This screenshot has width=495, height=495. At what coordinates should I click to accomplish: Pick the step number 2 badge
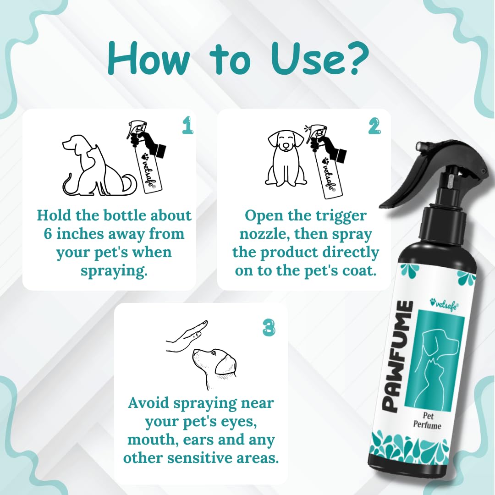coord(374,126)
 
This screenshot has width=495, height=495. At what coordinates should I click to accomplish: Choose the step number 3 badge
coord(269,327)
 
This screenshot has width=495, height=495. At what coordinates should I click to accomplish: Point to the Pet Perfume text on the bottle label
coord(427,420)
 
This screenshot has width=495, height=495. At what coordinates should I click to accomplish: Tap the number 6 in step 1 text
coord(48,234)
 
